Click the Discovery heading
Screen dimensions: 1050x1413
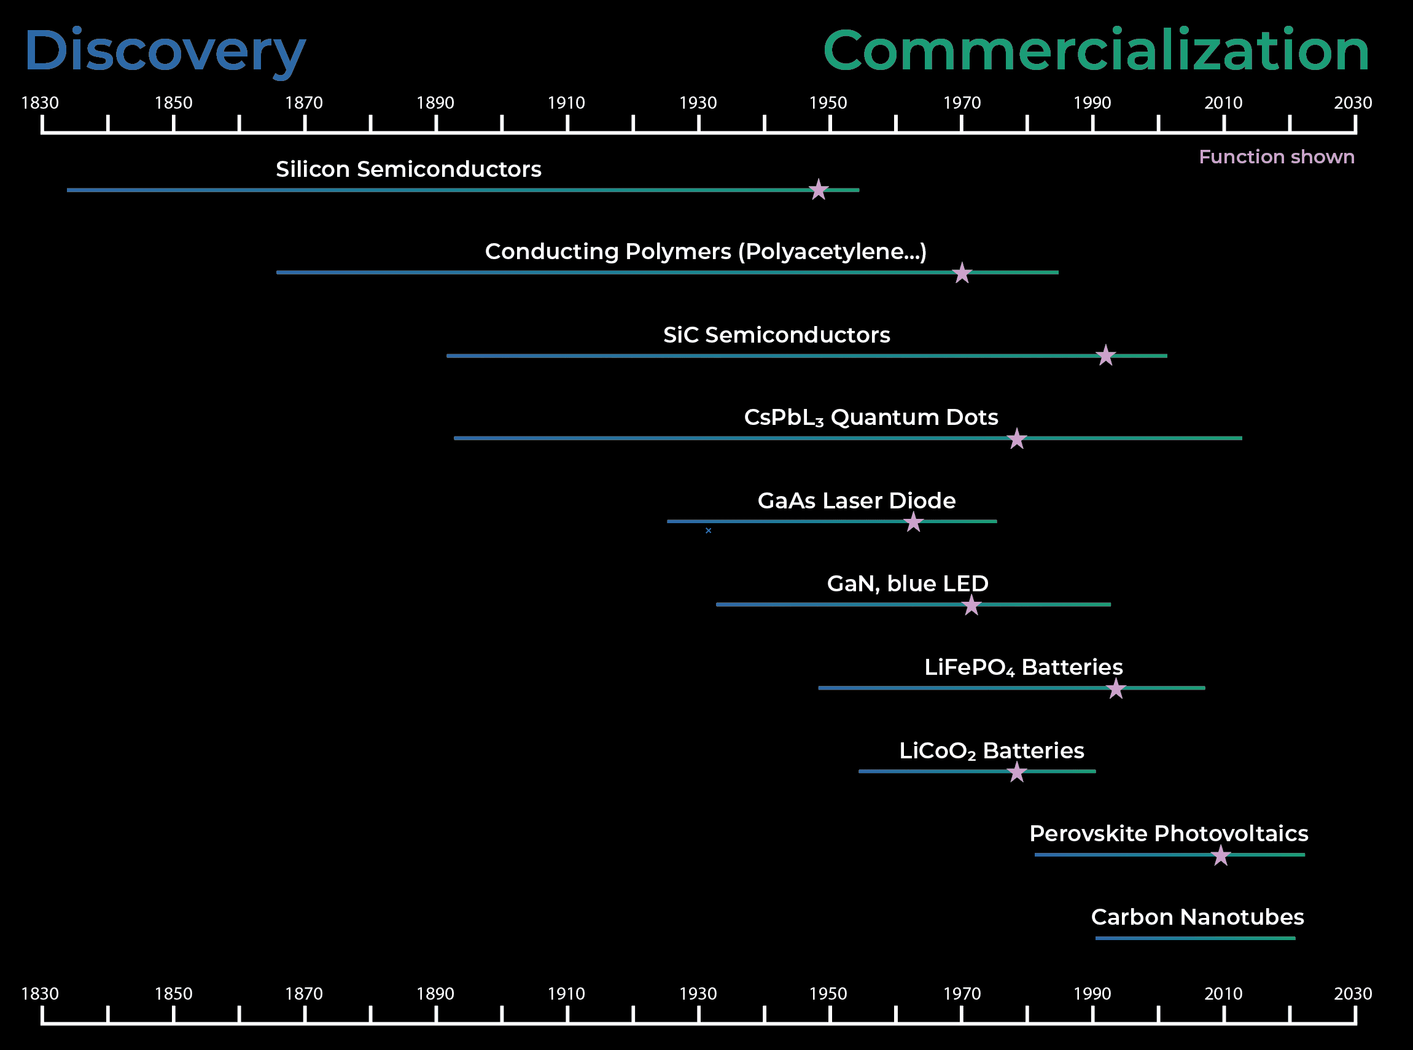165,51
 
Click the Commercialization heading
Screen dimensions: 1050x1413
1095,51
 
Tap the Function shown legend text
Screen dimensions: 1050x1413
1275,157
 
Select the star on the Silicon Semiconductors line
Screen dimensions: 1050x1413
818,189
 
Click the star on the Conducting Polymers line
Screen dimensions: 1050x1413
962,273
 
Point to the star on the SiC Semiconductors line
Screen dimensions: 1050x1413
1105,356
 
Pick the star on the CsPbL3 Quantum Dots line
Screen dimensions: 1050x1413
1016,438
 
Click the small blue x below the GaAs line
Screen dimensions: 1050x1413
708,531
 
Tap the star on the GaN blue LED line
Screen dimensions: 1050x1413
971,605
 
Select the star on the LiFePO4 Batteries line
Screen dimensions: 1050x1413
1116,688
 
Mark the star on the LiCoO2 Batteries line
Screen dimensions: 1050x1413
1016,772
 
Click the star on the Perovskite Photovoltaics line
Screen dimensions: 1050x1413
1220,855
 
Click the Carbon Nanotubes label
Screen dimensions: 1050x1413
1197,917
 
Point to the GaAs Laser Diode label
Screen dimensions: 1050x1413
856,501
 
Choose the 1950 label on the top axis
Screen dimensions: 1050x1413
828,103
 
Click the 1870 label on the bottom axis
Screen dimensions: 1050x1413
304,994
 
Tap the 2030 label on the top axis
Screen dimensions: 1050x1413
1353,103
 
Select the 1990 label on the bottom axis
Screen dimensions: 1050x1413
1092,994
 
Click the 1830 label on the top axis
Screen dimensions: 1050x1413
40,103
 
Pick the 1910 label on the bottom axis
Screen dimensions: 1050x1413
566,994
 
